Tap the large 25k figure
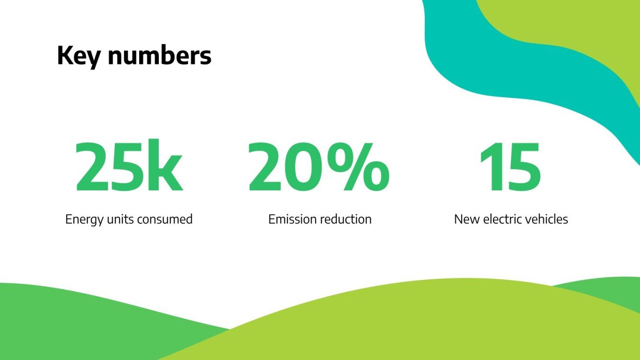pyautogui.click(x=129, y=167)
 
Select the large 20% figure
pyautogui.click(x=319, y=167)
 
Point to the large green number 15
pyautogui.click(x=510, y=167)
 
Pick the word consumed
pyautogui.click(x=165, y=219)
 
